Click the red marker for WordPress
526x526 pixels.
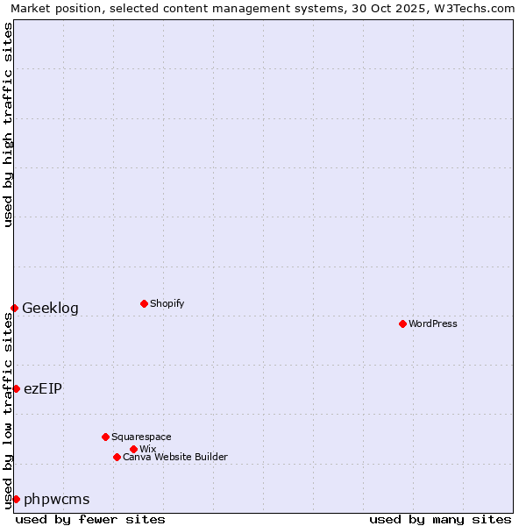pos(402,323)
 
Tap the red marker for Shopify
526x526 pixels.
pos(144,303)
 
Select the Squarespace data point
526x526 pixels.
pos(105,437)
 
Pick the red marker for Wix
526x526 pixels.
pos(133,449)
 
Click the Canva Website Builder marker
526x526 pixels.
pos(117,457)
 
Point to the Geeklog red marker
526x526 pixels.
pos(14,308)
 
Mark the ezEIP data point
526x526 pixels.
pos(16,388)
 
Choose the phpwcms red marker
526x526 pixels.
pos(16,499)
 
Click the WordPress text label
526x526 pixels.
pos(433,323)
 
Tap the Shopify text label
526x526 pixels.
pos(167,303)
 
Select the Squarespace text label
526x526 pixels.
pos(141,437)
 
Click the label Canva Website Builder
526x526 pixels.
pos(175,457)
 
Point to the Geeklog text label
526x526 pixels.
pos(50,308)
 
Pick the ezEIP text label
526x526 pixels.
pos(43,388)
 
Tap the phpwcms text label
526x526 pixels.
pos(56,499)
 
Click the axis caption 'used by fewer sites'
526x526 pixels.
pos(90,519)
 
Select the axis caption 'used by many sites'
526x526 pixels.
pos(440,519)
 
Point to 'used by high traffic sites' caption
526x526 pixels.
pos(8,124)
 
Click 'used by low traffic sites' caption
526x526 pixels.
pos(8,410)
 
